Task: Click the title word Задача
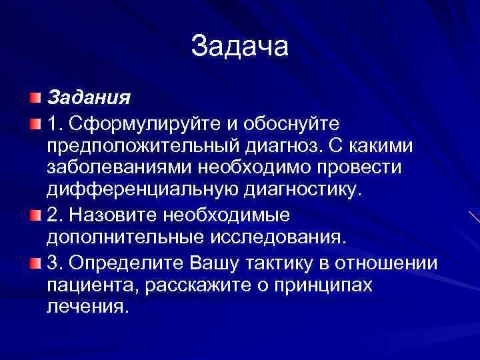click(239, 47)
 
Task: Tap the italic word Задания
click(88, 99)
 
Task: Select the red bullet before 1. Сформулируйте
click(35, 123)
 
